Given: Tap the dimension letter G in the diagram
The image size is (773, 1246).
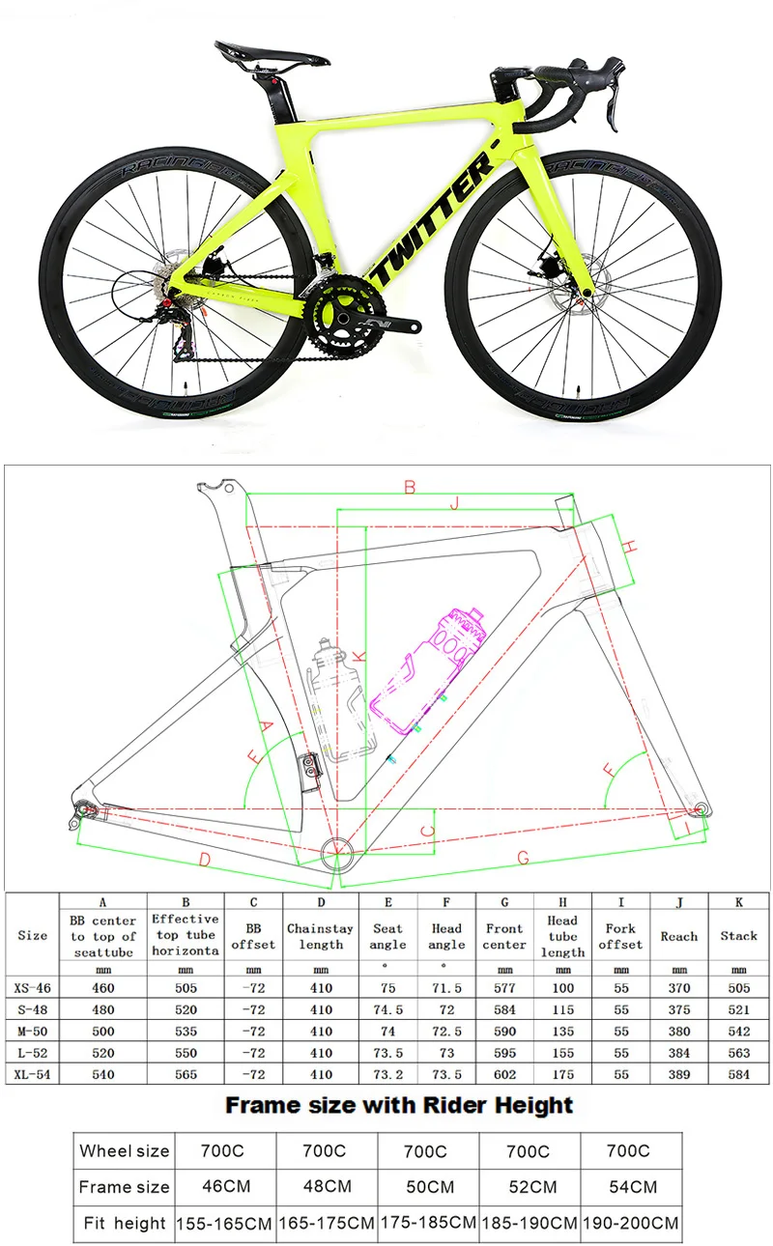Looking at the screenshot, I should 523,857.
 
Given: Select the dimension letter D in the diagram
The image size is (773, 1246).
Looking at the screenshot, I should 205,859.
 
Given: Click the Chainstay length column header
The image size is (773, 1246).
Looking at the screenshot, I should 321,936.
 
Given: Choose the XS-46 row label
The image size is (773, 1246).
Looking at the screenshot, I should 32,988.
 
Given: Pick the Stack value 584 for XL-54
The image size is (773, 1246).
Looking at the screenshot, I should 738,1074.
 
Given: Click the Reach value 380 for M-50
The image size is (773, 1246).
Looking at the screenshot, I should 678,1031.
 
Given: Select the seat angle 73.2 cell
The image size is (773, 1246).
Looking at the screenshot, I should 387,1074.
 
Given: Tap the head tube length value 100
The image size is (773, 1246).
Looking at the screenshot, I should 562,988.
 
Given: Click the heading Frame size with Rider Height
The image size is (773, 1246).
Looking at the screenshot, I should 398,1105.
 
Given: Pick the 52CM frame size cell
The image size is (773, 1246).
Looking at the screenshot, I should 529,1186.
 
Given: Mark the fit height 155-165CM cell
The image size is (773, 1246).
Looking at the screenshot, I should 223,1223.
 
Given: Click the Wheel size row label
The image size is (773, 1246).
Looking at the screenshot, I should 125,1150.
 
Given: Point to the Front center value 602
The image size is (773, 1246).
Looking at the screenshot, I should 504,1074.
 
